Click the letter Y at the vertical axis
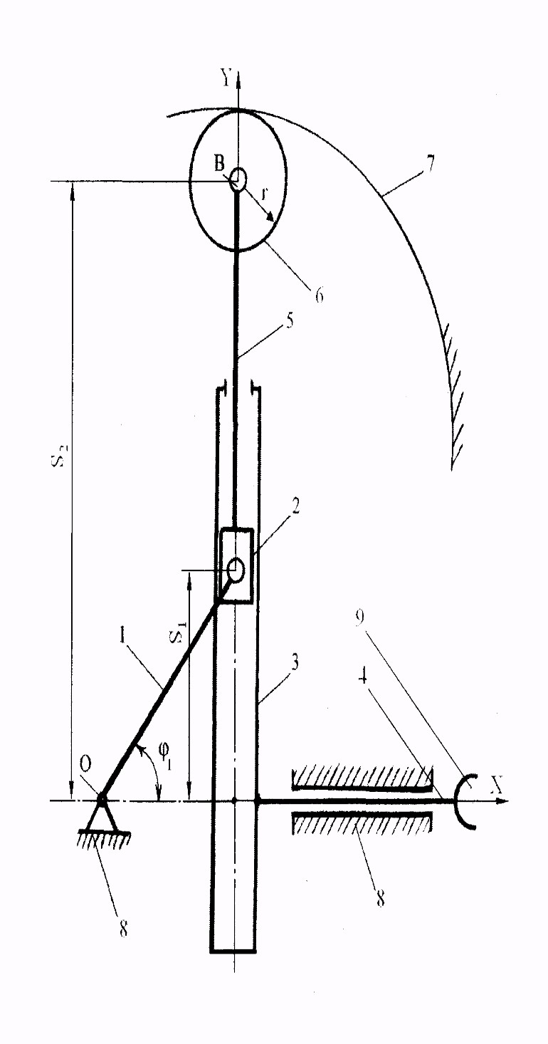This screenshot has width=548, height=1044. coord(226,78)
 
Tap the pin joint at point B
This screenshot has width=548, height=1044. coord(238,178)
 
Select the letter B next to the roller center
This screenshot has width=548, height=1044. coord(219,164)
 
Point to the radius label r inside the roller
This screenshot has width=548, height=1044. coord(265,194)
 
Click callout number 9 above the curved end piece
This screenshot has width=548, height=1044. coord(359,617)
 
